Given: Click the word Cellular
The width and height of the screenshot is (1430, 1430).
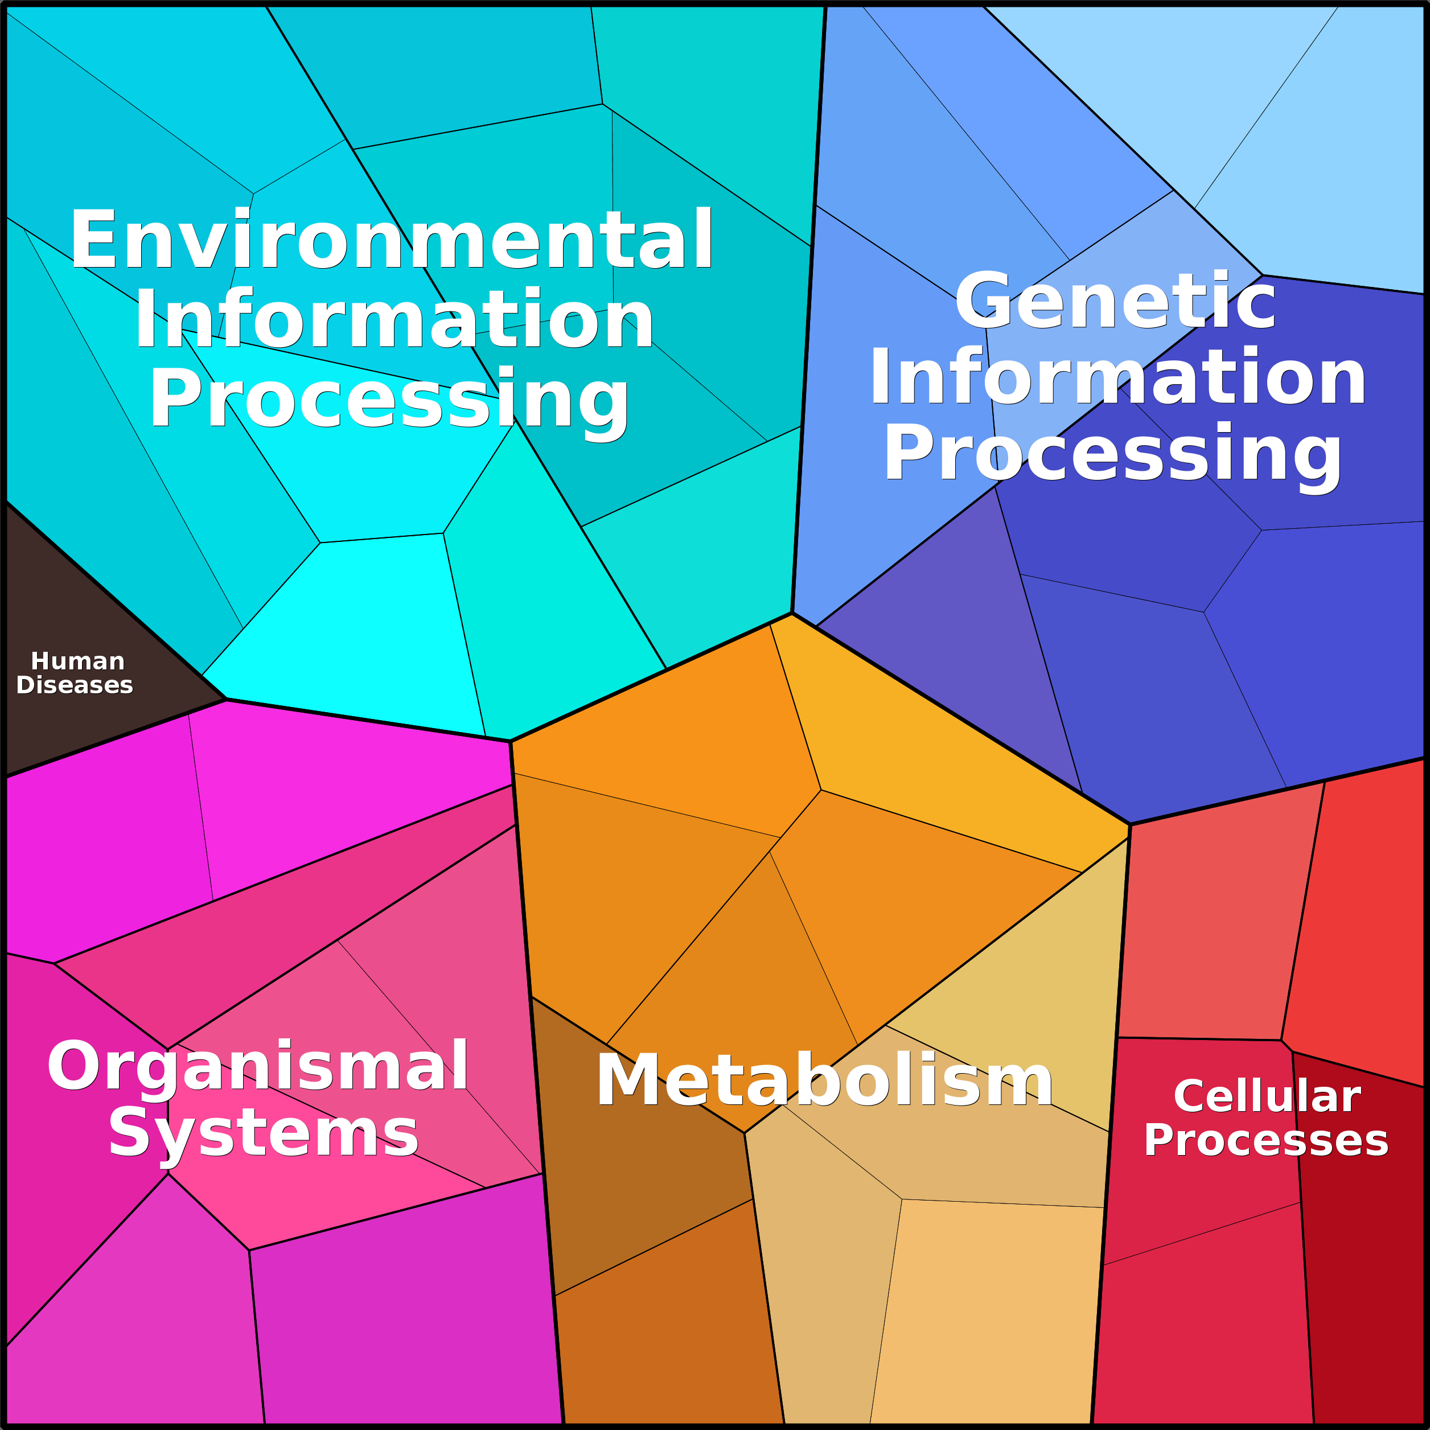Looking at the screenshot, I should [x=1267, y=1096].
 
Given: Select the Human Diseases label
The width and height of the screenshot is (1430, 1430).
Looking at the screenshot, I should [x=75, y=673].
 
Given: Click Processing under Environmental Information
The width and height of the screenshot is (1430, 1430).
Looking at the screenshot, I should [x=389, y=400].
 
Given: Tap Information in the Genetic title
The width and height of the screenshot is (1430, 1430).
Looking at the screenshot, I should [x=1117, y=378].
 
